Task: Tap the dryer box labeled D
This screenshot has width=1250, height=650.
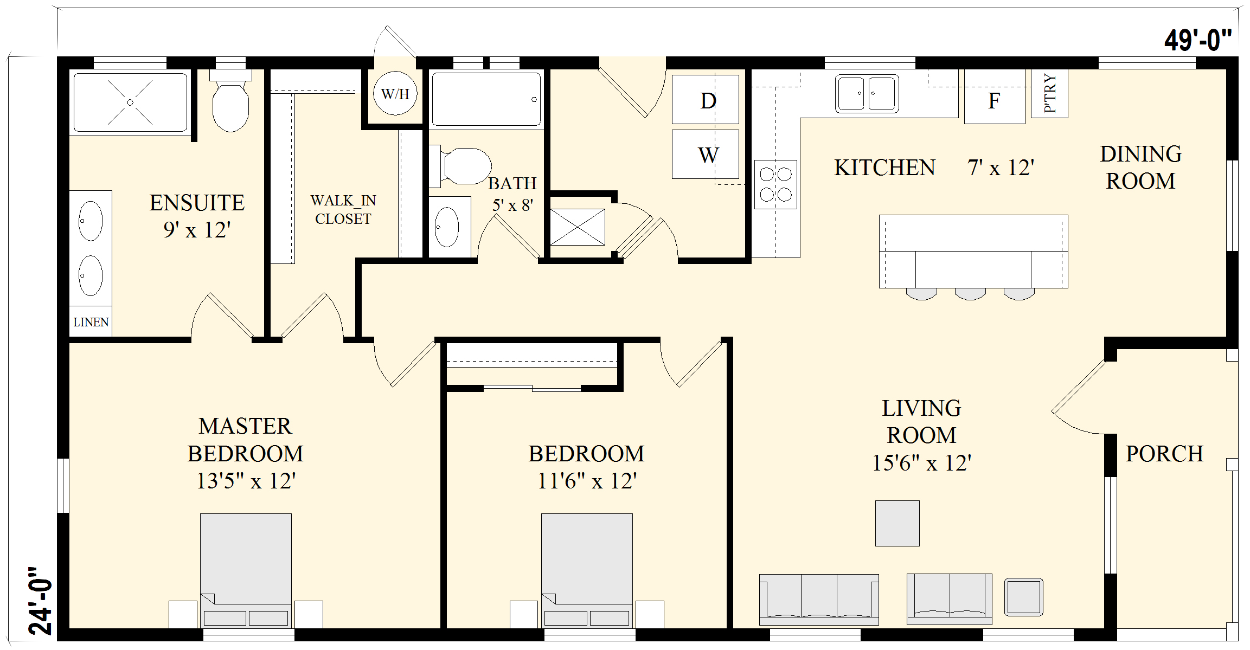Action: click(x=705, y=99)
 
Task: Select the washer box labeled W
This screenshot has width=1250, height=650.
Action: click(x=705, y=154)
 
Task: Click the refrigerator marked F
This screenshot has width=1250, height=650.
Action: click(x=995, y=98)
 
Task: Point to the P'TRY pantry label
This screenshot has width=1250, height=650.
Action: click(x=1050, y=93)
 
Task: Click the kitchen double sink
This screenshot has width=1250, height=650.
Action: click(x=867, y=93)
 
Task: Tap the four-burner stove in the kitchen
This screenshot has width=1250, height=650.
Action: click(x=775, y=184)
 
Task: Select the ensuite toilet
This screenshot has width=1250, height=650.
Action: click(x=230, y=101)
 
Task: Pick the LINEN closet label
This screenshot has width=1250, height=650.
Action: click(x=91, y=322)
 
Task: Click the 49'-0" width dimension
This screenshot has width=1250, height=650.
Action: click(x=1197, y=40)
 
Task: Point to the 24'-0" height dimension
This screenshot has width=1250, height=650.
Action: click(x=41, y=601)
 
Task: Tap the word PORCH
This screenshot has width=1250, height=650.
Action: click(x=1164, y=454)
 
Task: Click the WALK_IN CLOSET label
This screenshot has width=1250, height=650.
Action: click(x=343, y=210)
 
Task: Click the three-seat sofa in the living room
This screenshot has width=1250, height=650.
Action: click(x=819, y=600)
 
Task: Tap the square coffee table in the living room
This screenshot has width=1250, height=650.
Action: click(x=897, y=523)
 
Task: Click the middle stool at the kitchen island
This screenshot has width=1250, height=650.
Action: click(x=970, y=294)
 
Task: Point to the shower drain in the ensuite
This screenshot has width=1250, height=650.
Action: click(x=130, y=102)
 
